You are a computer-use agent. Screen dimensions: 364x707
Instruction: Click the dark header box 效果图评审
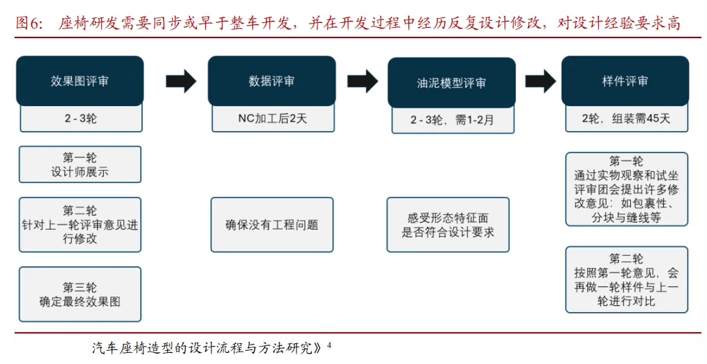[80, 80]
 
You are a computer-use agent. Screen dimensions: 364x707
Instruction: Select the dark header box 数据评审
[272, 80]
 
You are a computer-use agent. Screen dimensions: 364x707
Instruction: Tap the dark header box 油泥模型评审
[451, 83]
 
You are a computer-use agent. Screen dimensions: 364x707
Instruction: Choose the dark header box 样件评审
[625, 80]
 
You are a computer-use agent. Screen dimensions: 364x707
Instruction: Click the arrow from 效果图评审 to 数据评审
[181, 80]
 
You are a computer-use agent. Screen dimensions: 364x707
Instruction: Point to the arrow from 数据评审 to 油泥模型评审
[362, 81]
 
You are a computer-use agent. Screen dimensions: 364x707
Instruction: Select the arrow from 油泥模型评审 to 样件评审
[541, 81]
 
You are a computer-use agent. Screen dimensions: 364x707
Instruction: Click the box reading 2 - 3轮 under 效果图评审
[80, 119]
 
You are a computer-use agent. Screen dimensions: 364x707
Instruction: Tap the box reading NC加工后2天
[272, 119]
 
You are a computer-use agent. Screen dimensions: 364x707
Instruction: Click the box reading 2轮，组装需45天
[626, 119]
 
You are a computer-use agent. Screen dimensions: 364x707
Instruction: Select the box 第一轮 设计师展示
[80, 164]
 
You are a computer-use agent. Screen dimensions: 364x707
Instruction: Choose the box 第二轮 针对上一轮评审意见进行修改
[80, 224]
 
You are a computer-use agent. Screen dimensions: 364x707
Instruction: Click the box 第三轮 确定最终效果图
[80, 294]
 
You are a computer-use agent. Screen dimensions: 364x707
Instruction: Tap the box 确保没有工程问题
[272, 225]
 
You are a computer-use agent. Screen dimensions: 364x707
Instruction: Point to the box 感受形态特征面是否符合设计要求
[448, 225]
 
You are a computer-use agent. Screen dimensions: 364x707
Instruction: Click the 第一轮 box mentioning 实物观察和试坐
[626, 189]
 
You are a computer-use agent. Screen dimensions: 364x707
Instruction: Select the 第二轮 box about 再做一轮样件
[626, 279]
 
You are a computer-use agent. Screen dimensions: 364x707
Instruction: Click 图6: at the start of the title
[29, 24]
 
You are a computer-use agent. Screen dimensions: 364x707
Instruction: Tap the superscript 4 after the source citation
[329, 343]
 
